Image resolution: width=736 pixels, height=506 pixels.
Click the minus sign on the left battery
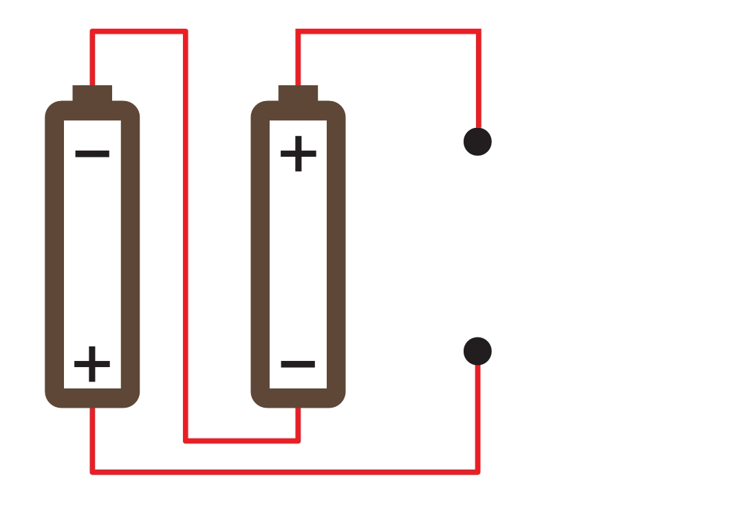point(92,154)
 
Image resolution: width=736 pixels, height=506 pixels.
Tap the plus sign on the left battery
point(92,364)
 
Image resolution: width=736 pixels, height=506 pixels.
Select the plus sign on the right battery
point(298,153)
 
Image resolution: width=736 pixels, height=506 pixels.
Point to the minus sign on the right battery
point(298,364)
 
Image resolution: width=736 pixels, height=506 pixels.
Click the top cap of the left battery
point(92,93)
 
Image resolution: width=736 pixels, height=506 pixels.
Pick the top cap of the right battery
point(298,93)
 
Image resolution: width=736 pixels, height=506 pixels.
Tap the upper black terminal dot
point(477,142)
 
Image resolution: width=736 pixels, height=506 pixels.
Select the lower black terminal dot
point(477,351)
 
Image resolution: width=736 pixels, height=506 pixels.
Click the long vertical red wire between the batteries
point(186,236)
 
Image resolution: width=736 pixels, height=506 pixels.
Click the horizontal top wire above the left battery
point(139,32)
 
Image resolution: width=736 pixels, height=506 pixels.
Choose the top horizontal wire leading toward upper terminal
point(388,32)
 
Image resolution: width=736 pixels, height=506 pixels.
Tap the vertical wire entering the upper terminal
point(478,79)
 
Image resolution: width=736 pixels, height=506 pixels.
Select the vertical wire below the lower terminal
point(478,419)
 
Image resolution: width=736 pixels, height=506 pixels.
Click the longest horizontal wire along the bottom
point(285,472)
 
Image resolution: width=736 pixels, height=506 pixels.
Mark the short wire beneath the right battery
point(298,425)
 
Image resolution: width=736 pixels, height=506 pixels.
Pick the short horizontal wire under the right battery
point(241,441)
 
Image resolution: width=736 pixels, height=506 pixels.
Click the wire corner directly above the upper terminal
point(478,32)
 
